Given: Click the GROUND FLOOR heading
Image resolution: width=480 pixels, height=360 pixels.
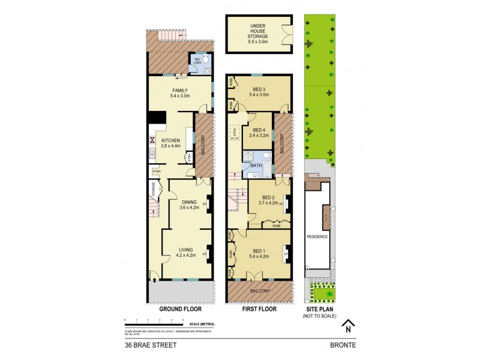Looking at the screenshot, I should click(x=180, y=310).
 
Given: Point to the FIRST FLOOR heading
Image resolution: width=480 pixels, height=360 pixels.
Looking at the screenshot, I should click(x=259, y=310).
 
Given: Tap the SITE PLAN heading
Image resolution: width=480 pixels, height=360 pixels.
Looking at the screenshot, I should click(x=319, y=310).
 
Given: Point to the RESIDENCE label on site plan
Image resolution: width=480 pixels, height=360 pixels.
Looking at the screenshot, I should click(x=317, y=236).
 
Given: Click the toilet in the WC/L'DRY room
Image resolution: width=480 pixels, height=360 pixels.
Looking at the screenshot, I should click(x=205, y=61).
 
